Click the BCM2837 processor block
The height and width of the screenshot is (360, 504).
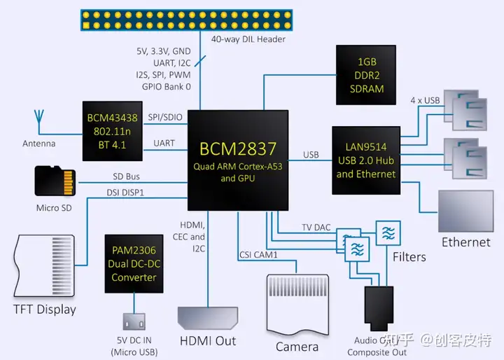click(x=238, y=160)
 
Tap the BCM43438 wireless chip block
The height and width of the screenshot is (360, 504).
click(x=112, y=130)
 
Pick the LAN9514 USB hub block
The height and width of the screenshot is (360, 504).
click(x=365, y=160)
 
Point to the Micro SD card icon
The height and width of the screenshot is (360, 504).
click(x=55, y=181)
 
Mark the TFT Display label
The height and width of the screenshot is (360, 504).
click(x=45, y=309)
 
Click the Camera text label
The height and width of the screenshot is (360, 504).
click(x=297, y=346)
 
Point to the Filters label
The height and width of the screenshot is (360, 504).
click(x=409, y=257)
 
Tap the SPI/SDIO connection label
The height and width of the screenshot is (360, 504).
click(x=167, y=118)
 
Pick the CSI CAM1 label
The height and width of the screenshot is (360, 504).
click(x=258, y=254)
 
